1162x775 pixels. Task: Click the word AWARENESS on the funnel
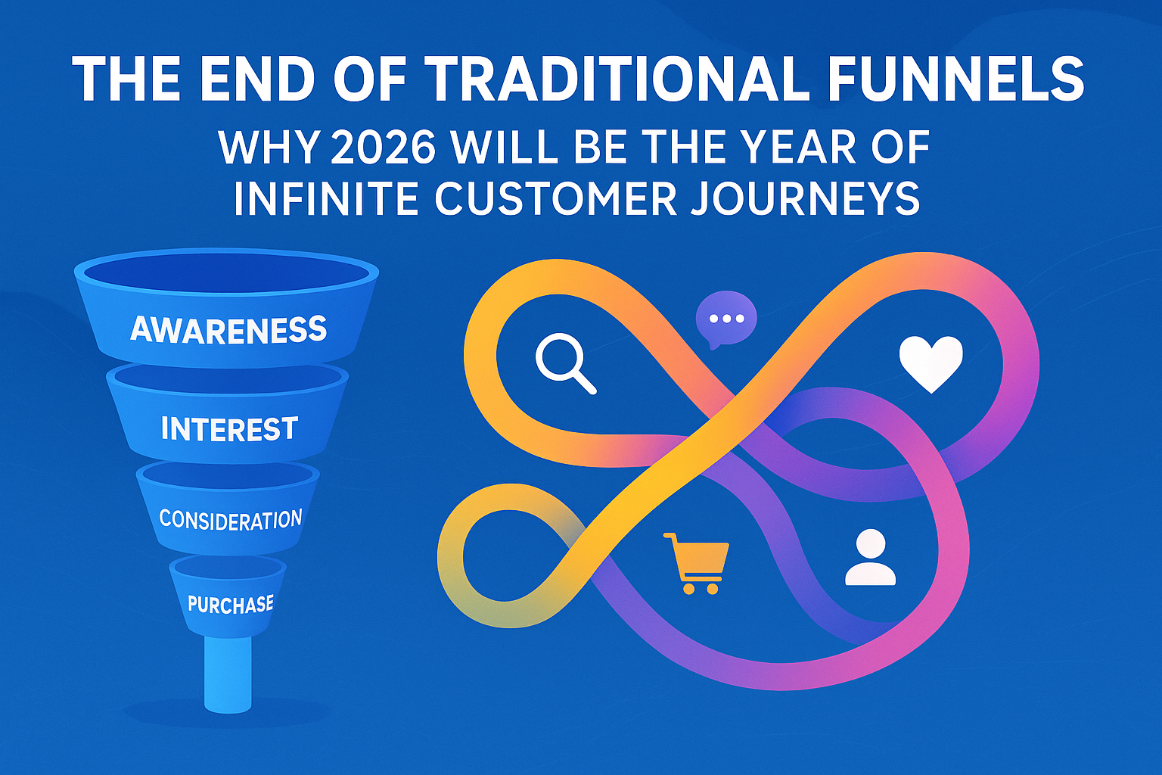point(228,329)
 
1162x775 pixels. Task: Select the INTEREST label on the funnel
point(229,429)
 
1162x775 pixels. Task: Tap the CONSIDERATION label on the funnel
point(230,520)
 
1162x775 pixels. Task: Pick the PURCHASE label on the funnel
point(230,604)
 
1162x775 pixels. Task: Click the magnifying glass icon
point(564,363)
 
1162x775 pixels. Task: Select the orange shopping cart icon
point(696,562)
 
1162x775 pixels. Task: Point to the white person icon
point(870,558)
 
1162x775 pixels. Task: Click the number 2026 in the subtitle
point(381,148)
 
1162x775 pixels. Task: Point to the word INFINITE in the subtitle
point(325,199)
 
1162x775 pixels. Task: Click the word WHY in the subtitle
point(266,148)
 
